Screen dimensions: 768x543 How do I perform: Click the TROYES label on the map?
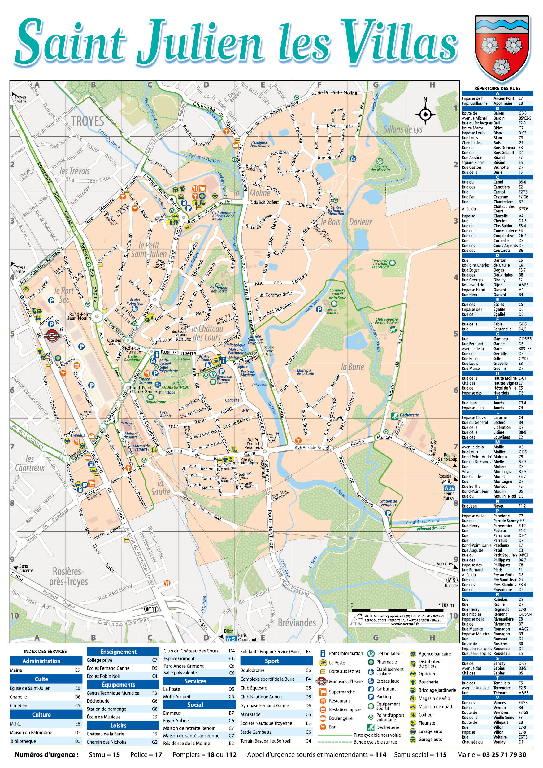coord(87,121)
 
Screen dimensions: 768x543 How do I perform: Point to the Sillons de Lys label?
coord(403,129)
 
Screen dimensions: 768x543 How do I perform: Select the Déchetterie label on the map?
coord(409,415)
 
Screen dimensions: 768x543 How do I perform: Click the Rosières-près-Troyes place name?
coord(68,577)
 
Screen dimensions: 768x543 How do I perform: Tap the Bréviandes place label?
coord(297,622)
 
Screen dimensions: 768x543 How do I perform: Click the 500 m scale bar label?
coord(446,605)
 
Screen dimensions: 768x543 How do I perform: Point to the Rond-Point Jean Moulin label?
coord(80,316)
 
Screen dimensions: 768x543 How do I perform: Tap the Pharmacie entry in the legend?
coord(387,662)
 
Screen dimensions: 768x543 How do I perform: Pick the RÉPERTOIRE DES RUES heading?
coord(497,88)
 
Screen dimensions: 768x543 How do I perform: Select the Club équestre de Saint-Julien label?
coord(387,321)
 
